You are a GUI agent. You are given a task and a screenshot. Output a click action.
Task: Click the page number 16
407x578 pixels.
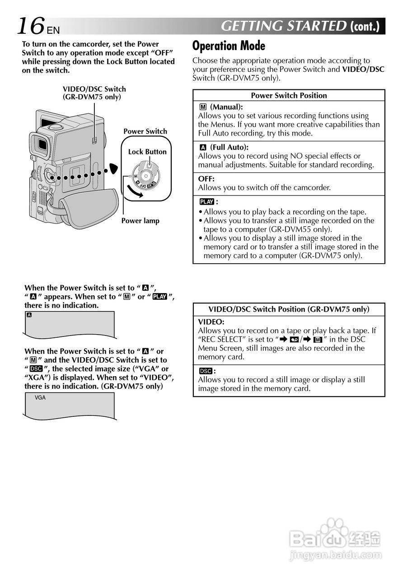31,26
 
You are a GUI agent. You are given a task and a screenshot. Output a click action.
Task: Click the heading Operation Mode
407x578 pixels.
229,46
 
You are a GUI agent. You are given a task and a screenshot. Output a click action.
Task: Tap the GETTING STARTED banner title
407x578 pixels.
284,26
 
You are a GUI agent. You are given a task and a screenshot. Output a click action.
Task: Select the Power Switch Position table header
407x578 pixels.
289,95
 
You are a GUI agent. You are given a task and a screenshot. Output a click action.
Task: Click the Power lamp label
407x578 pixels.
140,221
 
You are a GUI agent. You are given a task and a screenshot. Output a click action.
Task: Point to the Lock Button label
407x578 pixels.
147,152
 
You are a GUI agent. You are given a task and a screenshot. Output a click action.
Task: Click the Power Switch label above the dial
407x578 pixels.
145,131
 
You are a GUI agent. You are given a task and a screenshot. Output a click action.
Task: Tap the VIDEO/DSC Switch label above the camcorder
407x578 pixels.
94,93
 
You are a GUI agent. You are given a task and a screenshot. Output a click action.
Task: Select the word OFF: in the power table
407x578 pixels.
206,179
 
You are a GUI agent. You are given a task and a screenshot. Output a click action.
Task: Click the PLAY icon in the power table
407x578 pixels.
206,202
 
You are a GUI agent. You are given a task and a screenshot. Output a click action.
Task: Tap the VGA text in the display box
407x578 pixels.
40,398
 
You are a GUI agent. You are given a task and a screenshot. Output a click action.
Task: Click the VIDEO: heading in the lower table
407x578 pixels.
211,322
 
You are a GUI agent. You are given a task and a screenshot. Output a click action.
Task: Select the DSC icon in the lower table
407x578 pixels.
206,371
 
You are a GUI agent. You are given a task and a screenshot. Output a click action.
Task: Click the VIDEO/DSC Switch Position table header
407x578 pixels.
289,309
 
